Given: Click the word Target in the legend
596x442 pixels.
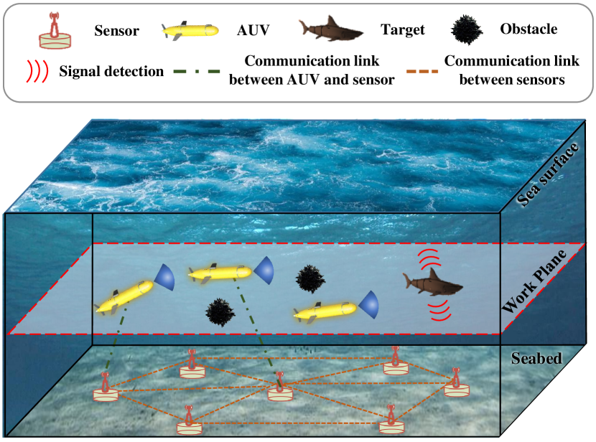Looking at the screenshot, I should (x=404, y=30).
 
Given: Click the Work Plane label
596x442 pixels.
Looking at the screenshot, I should (x=546, y=282).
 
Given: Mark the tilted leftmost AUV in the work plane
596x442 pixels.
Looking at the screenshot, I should (x=124, y=296).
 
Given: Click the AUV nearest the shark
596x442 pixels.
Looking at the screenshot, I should (x=327, y=311).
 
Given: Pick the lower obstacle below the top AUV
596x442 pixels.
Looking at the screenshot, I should (x=218, y=311).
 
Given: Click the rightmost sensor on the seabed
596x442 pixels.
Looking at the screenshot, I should (x=455, y=384).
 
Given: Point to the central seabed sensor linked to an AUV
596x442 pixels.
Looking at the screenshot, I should (x=280, y=388).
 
